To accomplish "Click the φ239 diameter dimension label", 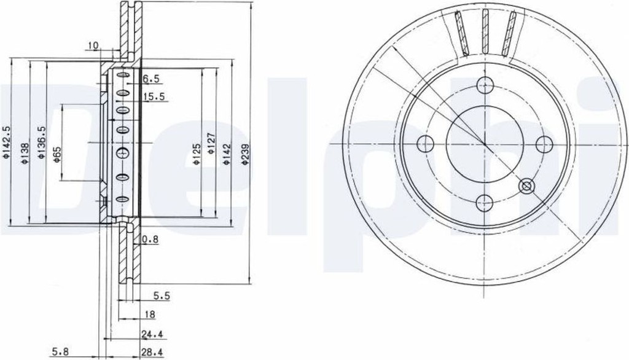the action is click(x=246, y=155).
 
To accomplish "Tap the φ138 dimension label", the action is click(x=25, y=154).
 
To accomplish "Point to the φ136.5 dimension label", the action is click(x=41, y=142).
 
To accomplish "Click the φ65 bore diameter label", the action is click(x=57, y=154).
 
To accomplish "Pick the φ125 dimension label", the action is click(x=196, y=154).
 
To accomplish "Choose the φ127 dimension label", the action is click(x=212, y=144).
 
